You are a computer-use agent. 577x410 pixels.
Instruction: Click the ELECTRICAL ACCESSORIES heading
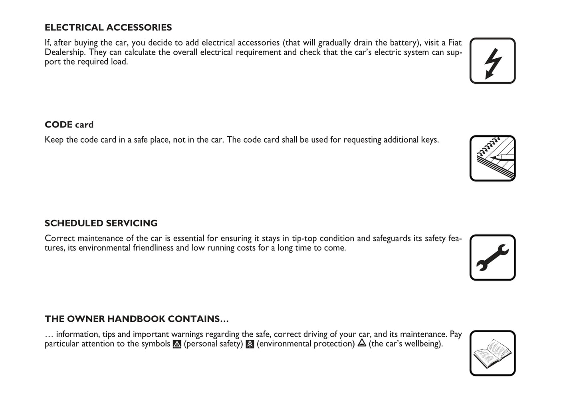click(108, 28)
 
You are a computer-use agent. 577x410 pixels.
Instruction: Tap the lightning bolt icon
click(492, 61)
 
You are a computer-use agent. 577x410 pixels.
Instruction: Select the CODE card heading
click(69, 125)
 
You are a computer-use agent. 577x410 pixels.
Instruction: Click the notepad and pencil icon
click(492, 158)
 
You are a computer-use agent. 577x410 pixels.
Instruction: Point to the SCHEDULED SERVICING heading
click(101, 223)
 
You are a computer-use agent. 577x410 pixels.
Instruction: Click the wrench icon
click(492, 257)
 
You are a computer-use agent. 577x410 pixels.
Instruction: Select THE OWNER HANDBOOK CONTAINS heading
click(137, 319)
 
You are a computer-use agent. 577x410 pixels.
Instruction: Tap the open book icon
click(492, 353)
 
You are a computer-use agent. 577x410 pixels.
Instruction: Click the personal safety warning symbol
click(177, 344)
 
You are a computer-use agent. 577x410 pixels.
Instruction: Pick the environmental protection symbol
click(250, 344)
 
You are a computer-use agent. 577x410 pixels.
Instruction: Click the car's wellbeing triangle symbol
click(362, 343)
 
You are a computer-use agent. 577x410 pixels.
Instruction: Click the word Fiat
click(455, 43)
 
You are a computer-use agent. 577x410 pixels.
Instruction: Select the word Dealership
click(65, 52)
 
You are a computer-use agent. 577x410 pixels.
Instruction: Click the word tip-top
click(304, 239)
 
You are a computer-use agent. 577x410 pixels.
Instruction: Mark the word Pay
click(456, 334)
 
